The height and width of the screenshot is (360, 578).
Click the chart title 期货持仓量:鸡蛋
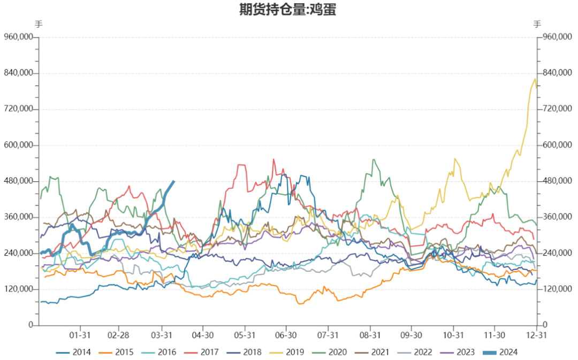(x=288, y=10)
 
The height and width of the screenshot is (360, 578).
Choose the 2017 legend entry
(x=209, y=352)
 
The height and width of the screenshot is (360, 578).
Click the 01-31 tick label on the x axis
(x=80, y=335)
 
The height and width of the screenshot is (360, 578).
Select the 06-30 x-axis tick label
(x=286, y=335)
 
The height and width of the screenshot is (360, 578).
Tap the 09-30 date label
(x=412, y=335)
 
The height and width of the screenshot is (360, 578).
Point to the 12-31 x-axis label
(x=537, y=335)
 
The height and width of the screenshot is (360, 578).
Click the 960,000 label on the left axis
(x=19, y=37)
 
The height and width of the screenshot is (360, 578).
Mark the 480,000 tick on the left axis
(x=19, y=181)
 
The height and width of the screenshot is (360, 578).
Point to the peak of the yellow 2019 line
(x=535, y=79)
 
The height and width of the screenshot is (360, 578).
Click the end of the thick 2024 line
(x=173, y=181)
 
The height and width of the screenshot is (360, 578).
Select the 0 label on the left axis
(x=31, y=325)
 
